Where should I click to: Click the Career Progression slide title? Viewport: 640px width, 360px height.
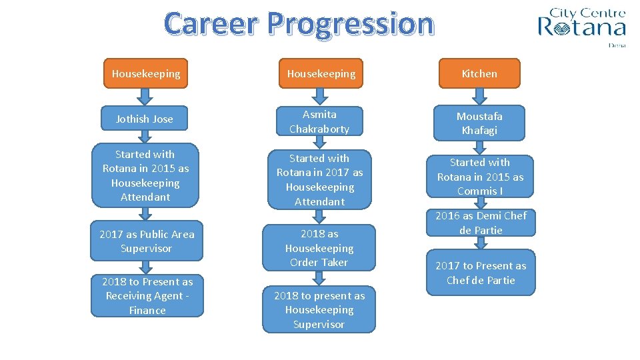(299, 24)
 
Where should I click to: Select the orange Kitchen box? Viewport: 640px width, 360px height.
(479, 73)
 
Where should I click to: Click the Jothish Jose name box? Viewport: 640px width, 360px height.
(145, 119)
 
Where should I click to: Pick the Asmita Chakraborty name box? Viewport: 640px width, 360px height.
(319, 122)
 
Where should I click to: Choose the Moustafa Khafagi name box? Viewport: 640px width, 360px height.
(479, 123)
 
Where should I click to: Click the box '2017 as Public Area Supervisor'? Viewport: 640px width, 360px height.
(147, 241)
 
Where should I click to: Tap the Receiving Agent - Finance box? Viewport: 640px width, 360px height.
(147, 296)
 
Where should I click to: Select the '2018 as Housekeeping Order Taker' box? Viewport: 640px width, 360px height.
(319, 248)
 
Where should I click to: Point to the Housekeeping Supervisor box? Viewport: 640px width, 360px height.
(319, 310)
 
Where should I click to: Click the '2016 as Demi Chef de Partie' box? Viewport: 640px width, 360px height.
(481, 223)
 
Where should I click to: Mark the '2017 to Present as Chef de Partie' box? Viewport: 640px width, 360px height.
(481, 273)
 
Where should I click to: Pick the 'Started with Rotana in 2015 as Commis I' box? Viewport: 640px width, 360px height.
(480, 177)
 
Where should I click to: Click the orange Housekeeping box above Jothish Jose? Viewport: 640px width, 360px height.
(146, 73)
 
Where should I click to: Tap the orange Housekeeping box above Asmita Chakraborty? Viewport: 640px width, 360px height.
(321, 73)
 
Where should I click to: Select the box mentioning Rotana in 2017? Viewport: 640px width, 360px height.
(319, 180)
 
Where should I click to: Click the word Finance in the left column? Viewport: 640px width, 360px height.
(147, 311)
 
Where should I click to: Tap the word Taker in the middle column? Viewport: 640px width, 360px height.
(333, 263)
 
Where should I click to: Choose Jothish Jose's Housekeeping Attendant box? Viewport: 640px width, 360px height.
(145, 175)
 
